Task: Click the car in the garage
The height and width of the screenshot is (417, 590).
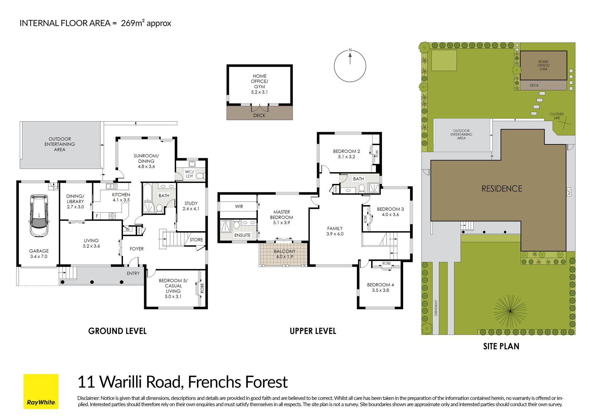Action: coord(39,216)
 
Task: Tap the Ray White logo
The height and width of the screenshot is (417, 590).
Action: coord(41,391)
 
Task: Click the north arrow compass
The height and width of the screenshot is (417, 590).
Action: coord(350,66)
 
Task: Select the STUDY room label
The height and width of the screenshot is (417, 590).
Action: coord(191,203)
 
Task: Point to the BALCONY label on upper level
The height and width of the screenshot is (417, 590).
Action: coord(285,251)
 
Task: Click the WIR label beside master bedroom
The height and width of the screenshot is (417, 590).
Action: coord(239,207)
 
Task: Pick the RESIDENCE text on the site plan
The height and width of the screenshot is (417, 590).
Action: coord(502,189)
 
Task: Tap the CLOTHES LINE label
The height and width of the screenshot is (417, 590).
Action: coord(557,116)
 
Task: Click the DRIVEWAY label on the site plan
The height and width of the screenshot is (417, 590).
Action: coord(436,308)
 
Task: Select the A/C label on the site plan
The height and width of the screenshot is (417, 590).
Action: coord(569,192)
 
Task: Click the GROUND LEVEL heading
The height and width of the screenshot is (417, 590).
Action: coord(117,331)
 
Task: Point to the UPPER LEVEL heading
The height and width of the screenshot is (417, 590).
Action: coord(313,331)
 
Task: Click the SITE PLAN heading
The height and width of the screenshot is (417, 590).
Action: coord(501,346)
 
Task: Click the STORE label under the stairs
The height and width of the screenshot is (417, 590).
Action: coord(196,240)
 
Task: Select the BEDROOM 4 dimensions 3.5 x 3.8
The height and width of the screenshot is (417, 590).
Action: coord(380,290)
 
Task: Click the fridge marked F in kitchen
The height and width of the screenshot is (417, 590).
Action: coord(97,216)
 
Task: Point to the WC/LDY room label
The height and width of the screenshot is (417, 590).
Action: coord(190,174)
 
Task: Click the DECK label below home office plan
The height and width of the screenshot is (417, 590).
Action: coord(259,116)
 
